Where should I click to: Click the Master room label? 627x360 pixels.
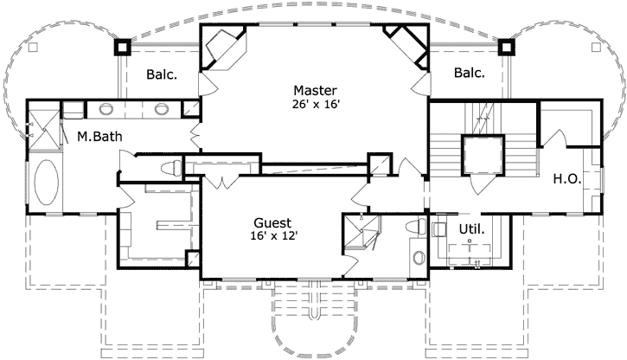tap(315, 90)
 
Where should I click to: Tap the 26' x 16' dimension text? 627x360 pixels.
tap(316, 105)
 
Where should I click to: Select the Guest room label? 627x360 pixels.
tap(272, 222)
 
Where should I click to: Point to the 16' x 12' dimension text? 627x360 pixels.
tap(274, 236)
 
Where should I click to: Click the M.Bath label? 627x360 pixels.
tap(99, 137)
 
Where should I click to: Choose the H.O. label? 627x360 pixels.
tap(567, 179)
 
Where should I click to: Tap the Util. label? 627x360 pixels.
tap(472, 229)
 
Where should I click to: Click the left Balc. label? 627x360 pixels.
tap(162, 74)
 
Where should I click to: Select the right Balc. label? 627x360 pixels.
tap(470, 73)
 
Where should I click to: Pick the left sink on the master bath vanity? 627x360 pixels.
tap(106, 109)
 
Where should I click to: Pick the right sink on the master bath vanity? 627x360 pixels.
tap(162, 109)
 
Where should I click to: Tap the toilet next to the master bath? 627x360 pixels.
tap(172, 168)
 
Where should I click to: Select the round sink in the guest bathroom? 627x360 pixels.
tap(419, 257)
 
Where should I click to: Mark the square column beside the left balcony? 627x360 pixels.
tap(122, 48)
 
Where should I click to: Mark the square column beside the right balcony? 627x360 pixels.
tap(506, 48)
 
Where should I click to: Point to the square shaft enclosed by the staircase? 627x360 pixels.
tap(483, 155)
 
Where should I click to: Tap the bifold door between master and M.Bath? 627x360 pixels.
tap(195, 136)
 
